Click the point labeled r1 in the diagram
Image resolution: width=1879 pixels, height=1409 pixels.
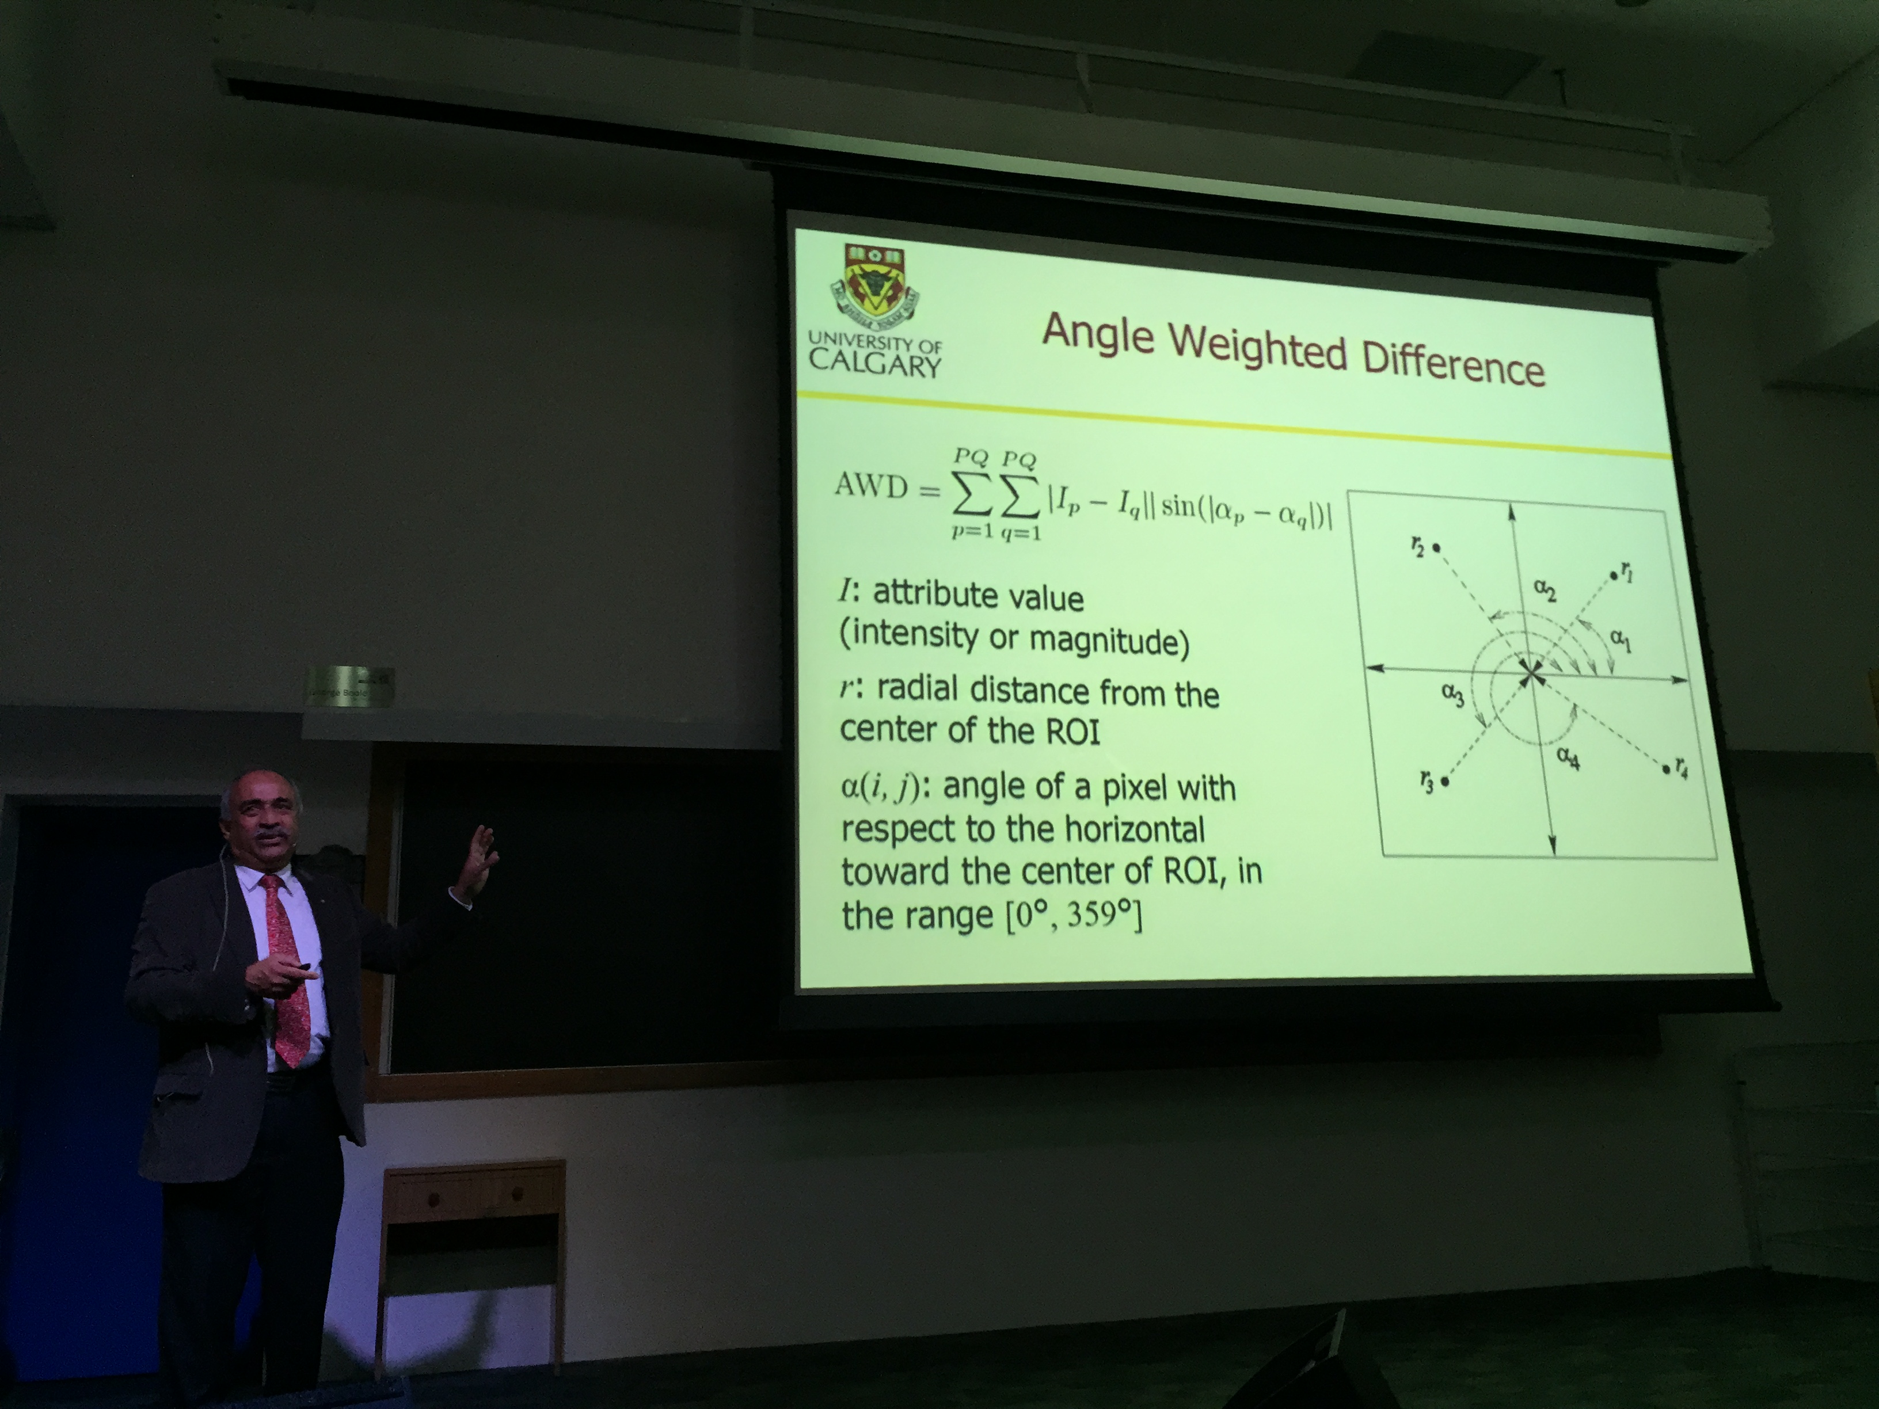pos(1614,577)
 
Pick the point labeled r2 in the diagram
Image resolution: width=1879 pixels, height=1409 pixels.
pos(1436,548)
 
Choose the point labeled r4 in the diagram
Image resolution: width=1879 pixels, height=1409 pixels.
pos(1665,770)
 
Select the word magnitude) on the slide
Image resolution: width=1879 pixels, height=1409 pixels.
pos(1109,642)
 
